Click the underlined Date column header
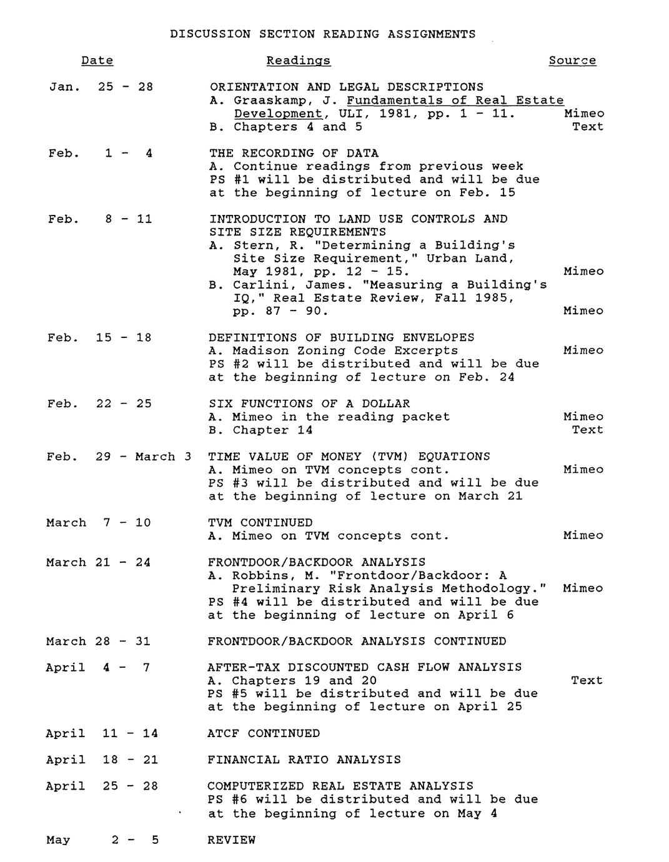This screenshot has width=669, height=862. click(x=97, y=61)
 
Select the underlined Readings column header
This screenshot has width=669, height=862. click(x=298, y=61)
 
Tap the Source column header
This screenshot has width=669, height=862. click(x=572, y=61)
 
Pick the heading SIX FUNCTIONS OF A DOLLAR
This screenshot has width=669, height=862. click(x=309, y=404)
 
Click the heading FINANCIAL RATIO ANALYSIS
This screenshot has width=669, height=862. click(x=304, y=760)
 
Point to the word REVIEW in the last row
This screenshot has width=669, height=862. click(x=231, y=840)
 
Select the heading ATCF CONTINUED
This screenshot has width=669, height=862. click(x=263, y=733)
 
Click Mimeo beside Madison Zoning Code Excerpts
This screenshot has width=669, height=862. click(x=583, y=350)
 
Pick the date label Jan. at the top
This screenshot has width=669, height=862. click(x=64, y=87)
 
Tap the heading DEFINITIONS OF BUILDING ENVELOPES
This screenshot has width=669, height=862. click(x=341, y=337)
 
